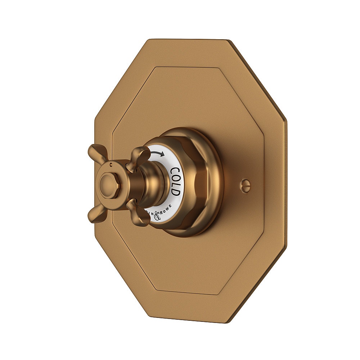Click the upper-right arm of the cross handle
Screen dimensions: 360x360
pyautogui.click(x=141, y=156)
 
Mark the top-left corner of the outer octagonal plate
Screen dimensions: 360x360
pyautogui.click(x=149, y=40)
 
